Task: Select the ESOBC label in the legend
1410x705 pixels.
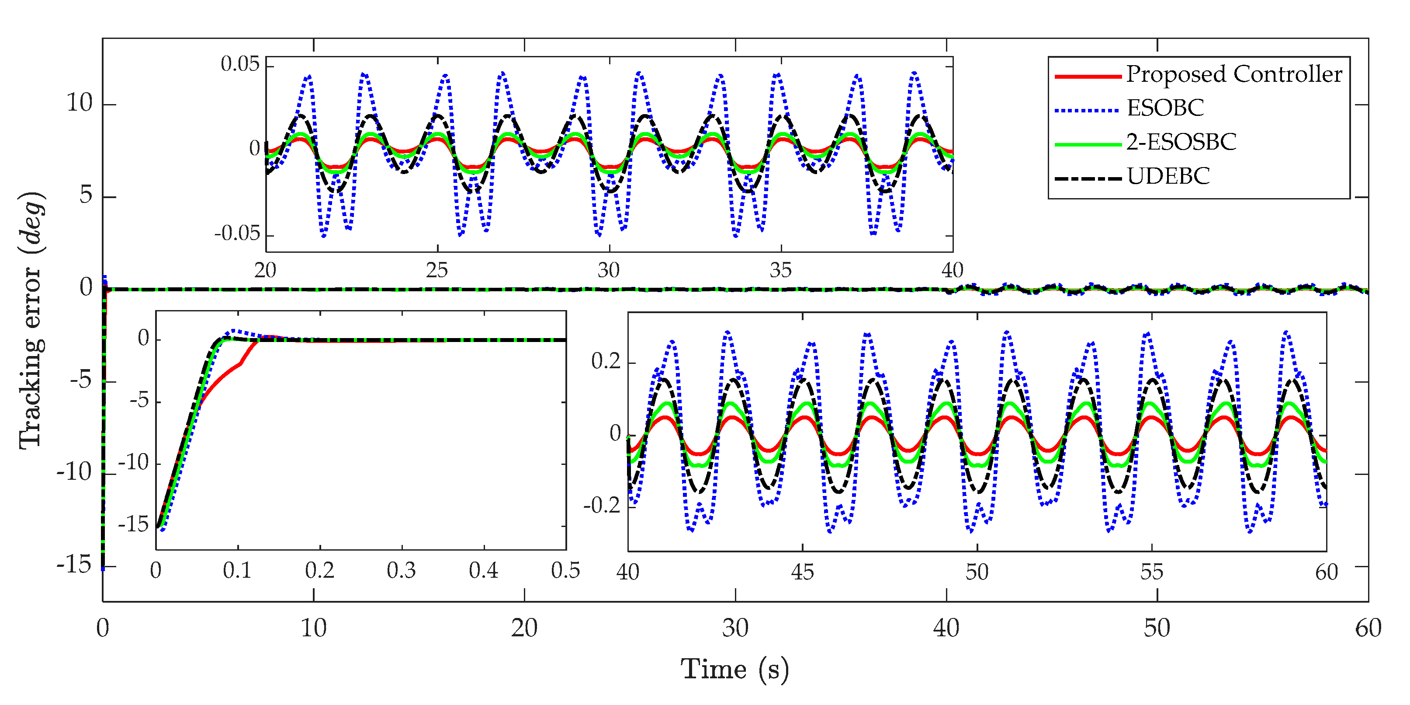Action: [x=1165, y=108]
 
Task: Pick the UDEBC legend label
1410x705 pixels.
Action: [x=1167, y=176]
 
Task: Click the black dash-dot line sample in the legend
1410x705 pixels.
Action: [x=1087, y=178]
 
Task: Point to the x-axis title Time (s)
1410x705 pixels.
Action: [x=734, y=670]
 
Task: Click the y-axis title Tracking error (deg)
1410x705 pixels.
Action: [x=32, y=321]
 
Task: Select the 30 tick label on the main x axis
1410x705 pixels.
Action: [x=734, y=628]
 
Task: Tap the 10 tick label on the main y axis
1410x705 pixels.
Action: [x=80, y=103]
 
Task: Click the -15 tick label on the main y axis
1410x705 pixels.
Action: [x=74, y=565]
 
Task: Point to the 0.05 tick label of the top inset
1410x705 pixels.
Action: [x=240, y=65]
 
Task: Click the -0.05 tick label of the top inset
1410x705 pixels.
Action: [x=236, y=234]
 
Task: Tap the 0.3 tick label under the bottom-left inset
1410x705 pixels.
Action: [x=401, y=571]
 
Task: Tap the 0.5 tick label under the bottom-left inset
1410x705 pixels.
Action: [x=565, y=571]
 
